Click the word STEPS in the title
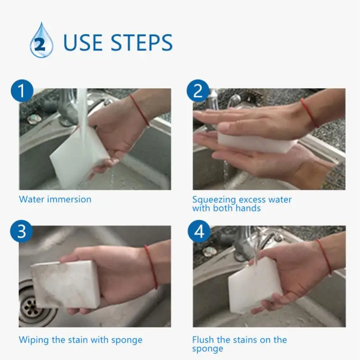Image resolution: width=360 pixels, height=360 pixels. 142,42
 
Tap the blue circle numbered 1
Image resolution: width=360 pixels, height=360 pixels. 22,91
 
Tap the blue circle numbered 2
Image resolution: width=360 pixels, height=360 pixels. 198,91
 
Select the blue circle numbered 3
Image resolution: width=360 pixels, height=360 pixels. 22,231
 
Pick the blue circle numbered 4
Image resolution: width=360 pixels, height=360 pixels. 199,231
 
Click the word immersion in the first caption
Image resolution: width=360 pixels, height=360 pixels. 69,199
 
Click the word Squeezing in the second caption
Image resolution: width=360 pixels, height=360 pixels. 214,200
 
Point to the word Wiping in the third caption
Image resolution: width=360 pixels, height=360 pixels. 34,340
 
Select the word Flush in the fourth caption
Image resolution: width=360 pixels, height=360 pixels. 202,340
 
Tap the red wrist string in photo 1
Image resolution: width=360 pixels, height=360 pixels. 139,110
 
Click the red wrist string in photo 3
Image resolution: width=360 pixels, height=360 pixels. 151,267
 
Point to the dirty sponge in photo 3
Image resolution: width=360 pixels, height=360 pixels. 66,284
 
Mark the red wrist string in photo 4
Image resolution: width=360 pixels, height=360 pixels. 324,256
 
